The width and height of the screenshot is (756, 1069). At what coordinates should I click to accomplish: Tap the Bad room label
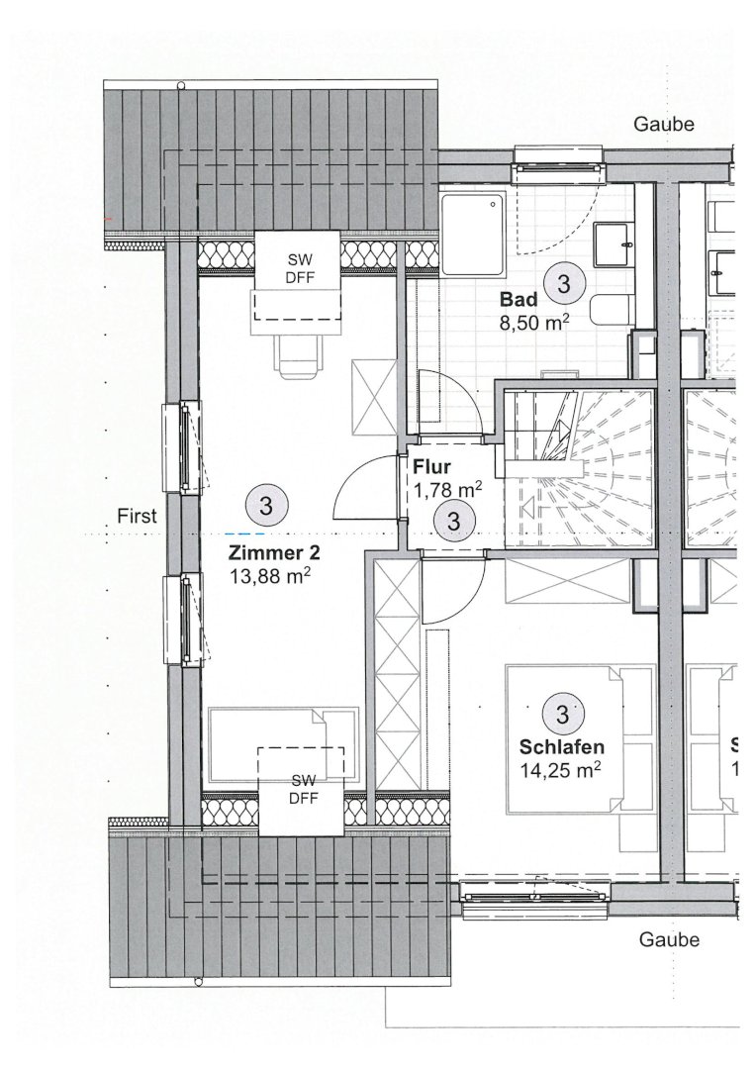point(519,299)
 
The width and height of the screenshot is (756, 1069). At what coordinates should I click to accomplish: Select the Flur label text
point(432,467)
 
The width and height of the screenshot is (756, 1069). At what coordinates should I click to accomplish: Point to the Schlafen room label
point(562,746)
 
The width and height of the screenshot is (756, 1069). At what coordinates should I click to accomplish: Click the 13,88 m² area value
point(270,577)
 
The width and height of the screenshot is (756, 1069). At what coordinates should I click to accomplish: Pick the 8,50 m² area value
point(534,322)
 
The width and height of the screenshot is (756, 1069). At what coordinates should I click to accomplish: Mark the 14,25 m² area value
point(560,770)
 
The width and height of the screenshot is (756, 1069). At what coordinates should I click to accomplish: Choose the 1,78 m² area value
point(448,490)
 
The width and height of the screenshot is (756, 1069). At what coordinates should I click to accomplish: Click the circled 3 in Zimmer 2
point(266,506)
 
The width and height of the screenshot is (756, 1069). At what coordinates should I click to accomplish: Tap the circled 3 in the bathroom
point(564,283)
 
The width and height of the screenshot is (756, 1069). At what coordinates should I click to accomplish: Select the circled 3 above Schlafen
point(562,714)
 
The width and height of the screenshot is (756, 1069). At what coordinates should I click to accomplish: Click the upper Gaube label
point(664,125)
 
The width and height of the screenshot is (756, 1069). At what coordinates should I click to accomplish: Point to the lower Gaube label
point(669,939)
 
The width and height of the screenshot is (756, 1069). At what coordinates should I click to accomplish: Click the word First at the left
point(137,516)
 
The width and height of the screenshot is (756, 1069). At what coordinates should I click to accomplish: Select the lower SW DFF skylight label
point(304,790)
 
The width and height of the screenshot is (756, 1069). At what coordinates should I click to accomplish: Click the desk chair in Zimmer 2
point(298,356)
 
